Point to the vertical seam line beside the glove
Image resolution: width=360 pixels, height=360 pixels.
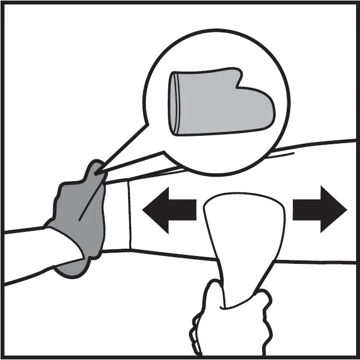coord(130,215)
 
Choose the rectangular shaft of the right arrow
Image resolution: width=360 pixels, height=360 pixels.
coord(305,209)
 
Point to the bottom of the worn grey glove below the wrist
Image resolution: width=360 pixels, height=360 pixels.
coord(73,268)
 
